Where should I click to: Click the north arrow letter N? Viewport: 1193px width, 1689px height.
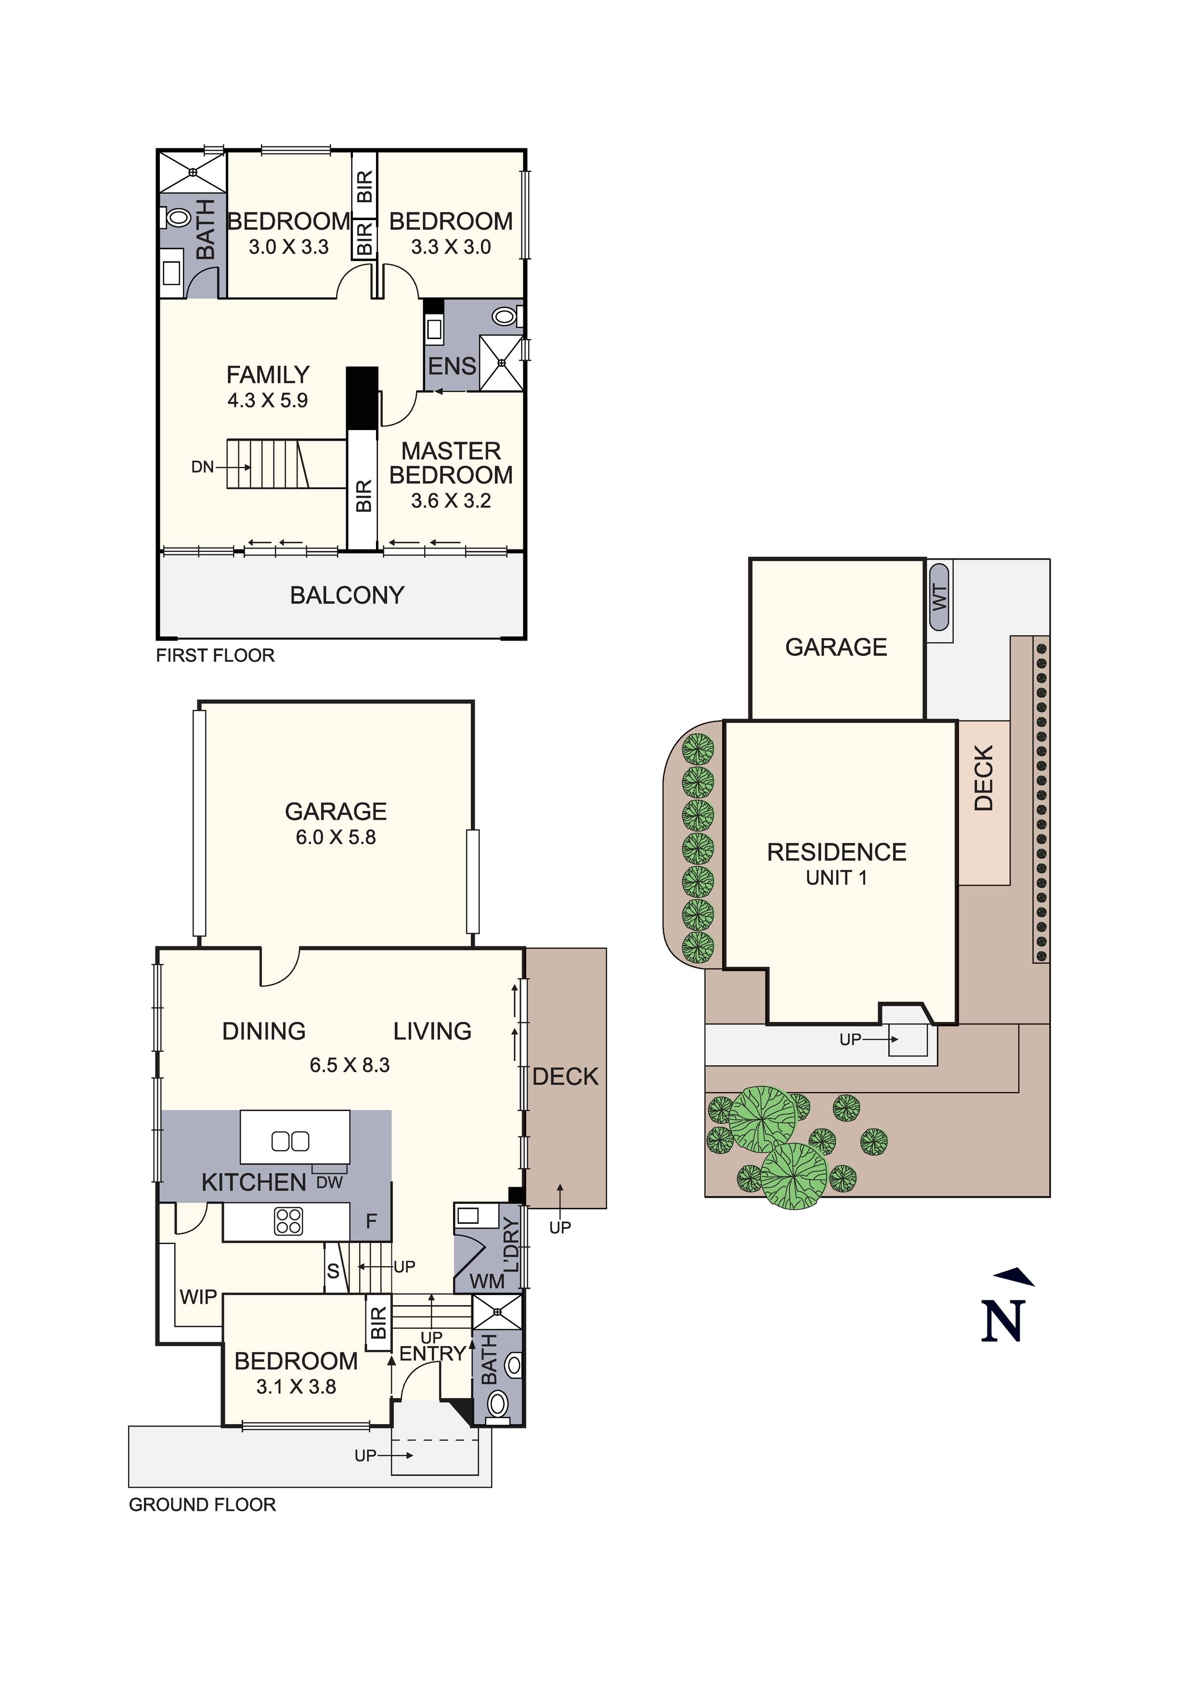1002,1321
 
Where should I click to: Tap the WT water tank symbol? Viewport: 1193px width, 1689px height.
939,597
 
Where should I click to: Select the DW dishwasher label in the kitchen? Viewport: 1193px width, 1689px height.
329,1183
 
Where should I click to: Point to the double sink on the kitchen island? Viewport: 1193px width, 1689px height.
290,1141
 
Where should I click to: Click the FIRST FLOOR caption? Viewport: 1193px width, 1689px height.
215,655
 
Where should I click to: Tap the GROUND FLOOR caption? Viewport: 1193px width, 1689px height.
202,1505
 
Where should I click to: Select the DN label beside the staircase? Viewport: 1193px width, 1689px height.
202,466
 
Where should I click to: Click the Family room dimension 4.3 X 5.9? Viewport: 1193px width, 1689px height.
268,401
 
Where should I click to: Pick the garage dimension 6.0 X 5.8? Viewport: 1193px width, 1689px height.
336,837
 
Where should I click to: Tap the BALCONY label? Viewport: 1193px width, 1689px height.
347,595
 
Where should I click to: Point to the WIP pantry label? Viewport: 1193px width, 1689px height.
198,1297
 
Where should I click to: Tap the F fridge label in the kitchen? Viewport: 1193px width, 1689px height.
372,1221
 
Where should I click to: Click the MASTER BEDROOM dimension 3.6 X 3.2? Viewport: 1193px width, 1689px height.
451,501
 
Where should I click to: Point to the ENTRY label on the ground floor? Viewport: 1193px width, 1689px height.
432,1353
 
